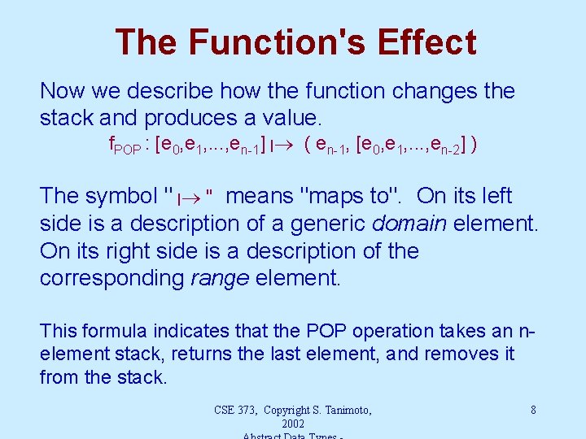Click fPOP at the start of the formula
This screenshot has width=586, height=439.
coord(124,146)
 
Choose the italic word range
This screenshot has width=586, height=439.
coord(219,278)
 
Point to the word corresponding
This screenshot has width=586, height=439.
coord(112,278)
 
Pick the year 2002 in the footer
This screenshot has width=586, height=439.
coord(292,424)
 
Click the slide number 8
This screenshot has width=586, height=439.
coord(533,410)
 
